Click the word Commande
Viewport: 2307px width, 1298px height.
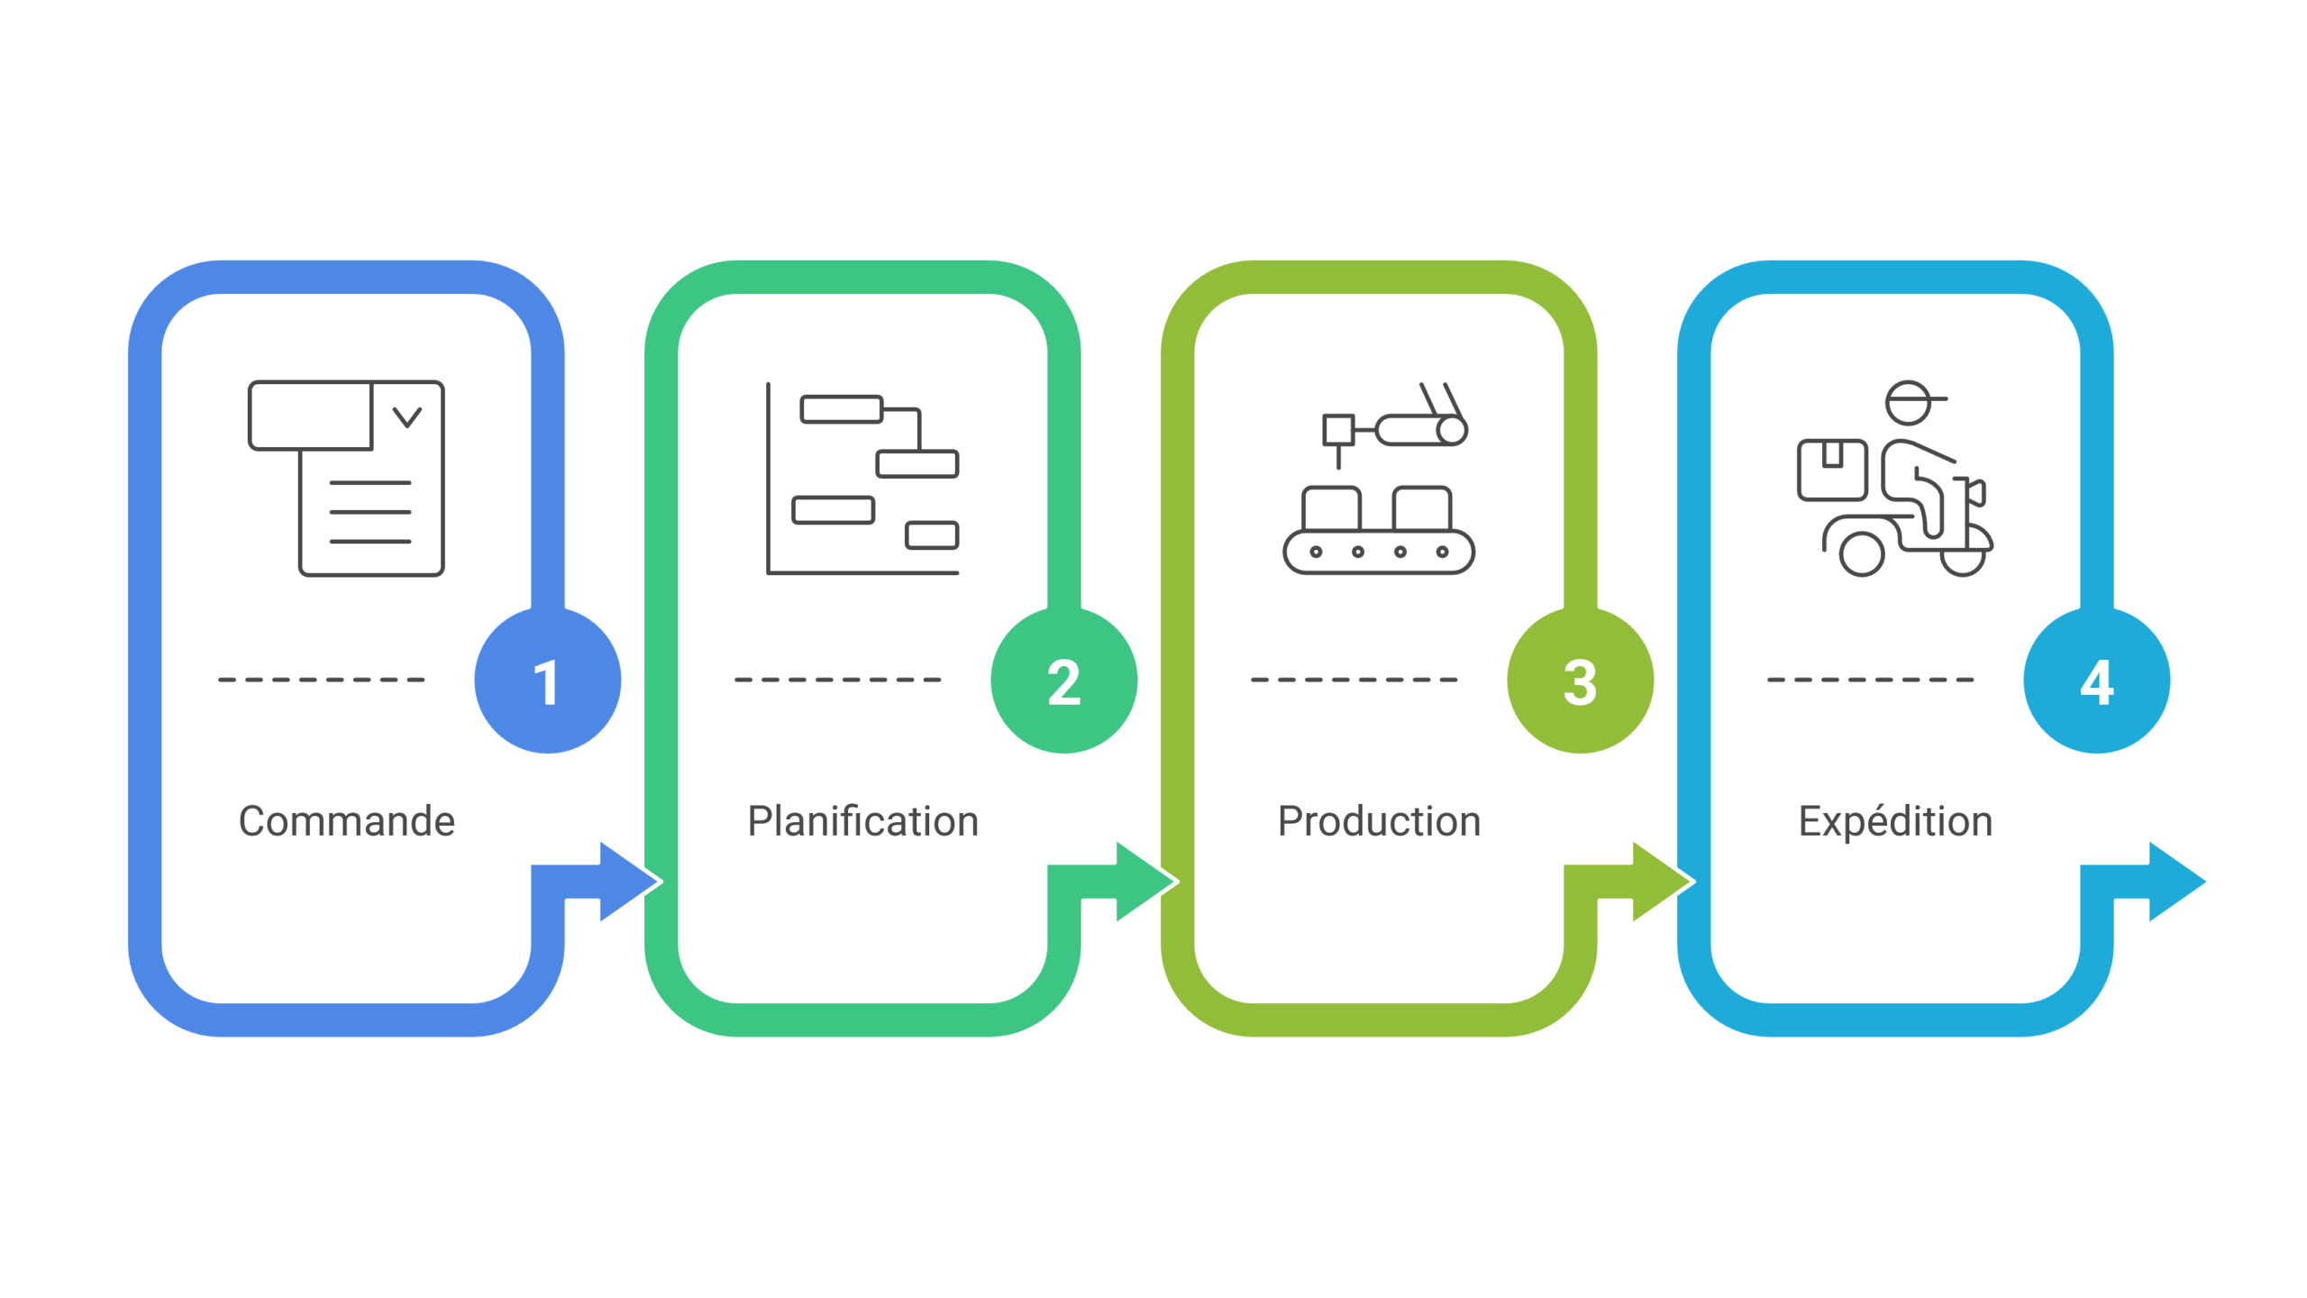347,821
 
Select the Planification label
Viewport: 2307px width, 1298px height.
862,821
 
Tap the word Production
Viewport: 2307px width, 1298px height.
1379,821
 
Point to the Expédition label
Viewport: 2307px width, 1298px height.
1895,821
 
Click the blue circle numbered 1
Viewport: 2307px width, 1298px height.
547,681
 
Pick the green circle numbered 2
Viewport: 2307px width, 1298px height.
1063,681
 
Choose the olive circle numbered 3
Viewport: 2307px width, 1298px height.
1580,681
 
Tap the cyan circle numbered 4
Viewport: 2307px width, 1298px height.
2096,681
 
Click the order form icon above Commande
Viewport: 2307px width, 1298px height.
347,478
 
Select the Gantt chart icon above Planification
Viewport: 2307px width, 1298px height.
862,478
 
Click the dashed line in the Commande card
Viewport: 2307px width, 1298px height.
322,680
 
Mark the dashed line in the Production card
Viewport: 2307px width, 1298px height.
1354,680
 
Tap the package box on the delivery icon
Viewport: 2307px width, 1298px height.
1831,470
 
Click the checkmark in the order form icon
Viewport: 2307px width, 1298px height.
407,416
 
